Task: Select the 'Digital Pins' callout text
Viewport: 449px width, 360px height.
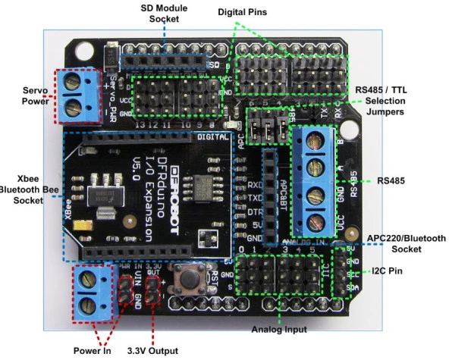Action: pyautogui.click(x=243, y=13)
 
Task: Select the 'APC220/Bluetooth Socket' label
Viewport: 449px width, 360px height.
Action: pyautogui.click(x=407, y=243)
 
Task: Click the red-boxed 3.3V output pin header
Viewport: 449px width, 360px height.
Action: pyautogui.click(x=154, y=289)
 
